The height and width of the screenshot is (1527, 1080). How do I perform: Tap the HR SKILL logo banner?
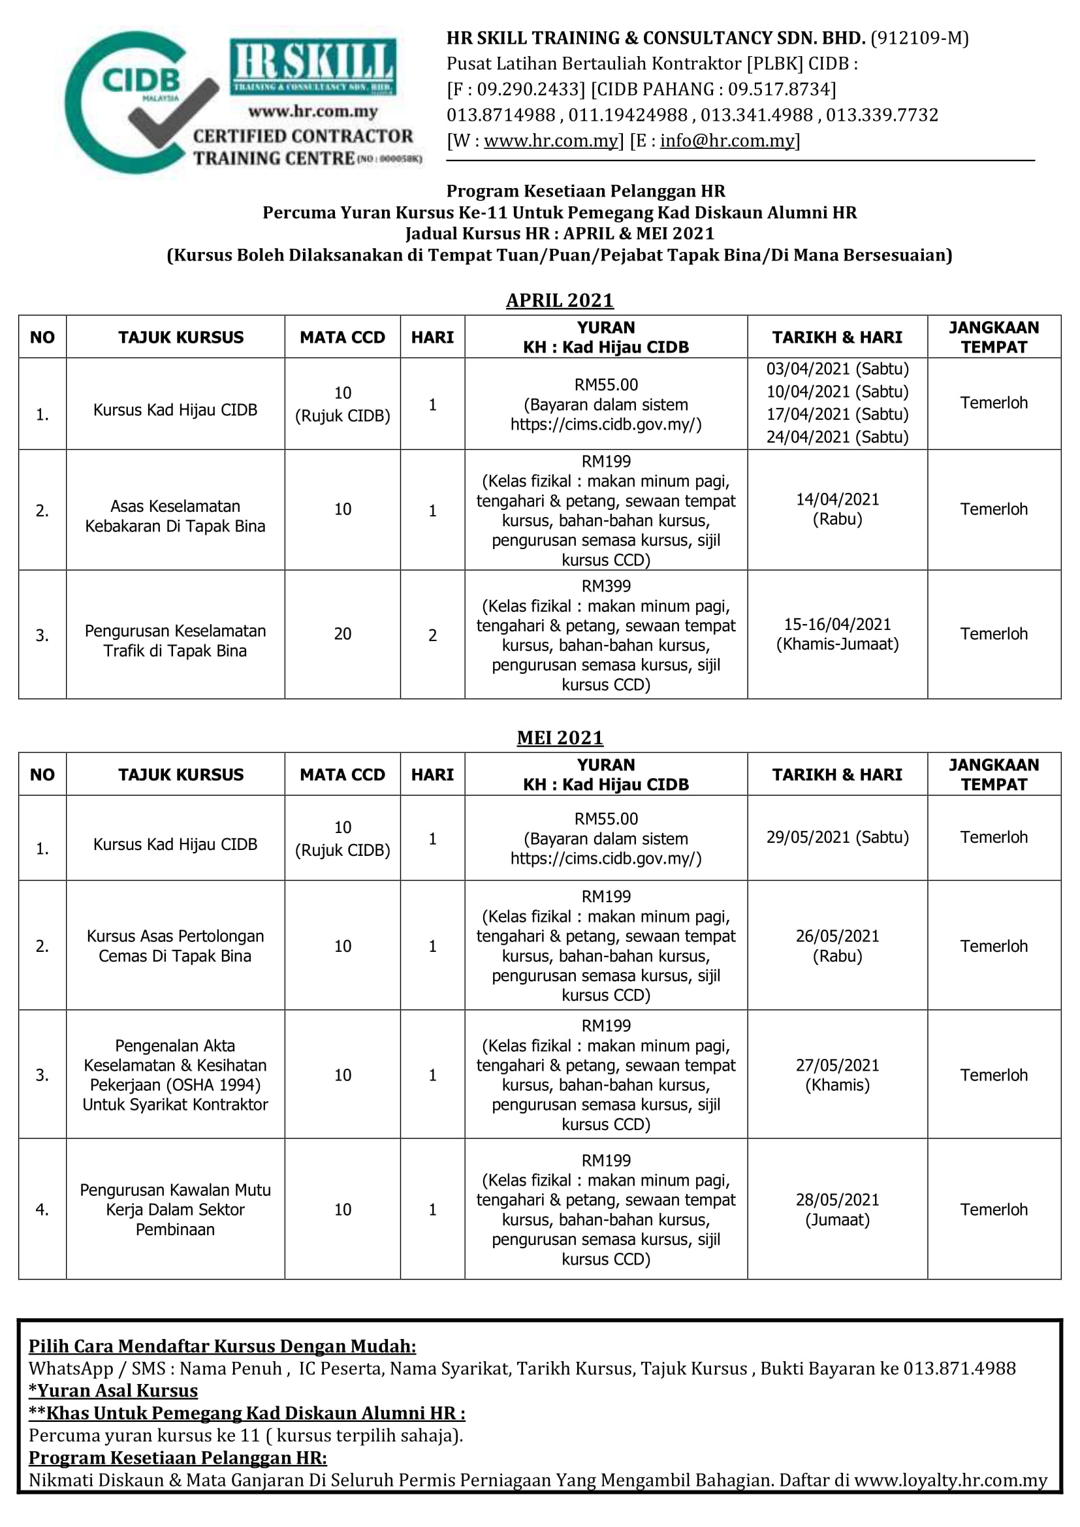coord(313,67)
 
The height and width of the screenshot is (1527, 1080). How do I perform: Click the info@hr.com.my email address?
coord(727,140)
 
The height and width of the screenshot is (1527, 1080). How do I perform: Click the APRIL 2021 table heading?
coord(560,300)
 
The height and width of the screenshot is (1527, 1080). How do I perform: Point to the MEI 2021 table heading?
coord(560,738)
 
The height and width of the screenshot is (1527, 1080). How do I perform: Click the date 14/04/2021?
coord(836,499)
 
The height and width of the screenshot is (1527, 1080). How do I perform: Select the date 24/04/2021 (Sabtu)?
coord(836,437)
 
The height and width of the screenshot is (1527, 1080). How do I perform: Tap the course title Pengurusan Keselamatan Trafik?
coord(175,640)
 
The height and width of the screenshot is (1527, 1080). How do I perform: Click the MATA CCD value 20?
coord(343,634)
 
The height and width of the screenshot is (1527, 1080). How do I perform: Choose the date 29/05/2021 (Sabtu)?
coord(836,837)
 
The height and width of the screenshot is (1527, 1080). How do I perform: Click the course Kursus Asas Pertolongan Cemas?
coord(175,946)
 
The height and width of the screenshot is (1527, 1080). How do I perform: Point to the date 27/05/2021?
coord(836,1065)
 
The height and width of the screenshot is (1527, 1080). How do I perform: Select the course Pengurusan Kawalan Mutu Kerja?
coord(175,1209)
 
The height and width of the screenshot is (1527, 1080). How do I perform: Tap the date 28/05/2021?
coord(836,1200)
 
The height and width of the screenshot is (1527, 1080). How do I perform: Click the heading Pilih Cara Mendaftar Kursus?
coord(222,1346)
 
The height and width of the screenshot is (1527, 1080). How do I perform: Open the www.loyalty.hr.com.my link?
coord(950,1481)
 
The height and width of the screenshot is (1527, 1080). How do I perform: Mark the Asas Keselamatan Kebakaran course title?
coord(175,516)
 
